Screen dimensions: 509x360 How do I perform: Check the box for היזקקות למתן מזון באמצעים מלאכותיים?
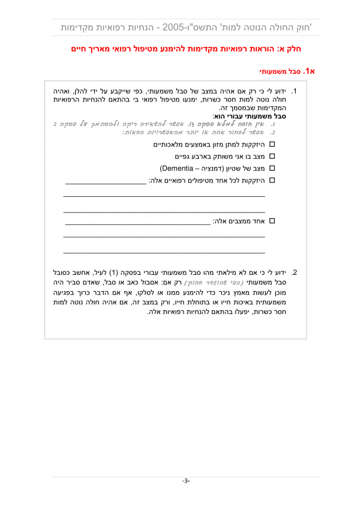272,145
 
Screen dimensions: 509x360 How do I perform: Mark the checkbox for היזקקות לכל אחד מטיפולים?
272,180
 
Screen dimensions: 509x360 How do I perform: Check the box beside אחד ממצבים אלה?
272,221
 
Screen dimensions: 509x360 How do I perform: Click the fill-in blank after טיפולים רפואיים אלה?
105,182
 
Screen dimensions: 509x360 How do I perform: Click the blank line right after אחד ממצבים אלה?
137,223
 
